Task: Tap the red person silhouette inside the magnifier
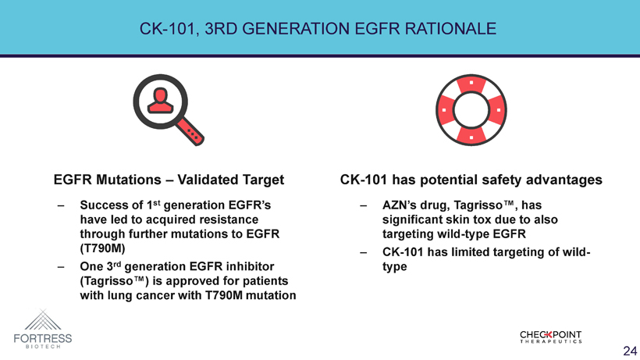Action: (x=161, y=101)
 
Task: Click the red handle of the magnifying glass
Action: (x=190, y=131)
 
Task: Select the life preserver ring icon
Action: (x=471, y=110)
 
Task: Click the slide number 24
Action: (x=630, y=351)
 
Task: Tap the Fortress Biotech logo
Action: (x=43, y=329)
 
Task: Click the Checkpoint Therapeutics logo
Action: (x=550, y=337)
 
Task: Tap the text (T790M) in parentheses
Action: (x=102, y=248)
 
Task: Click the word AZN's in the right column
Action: (x=396, y=205)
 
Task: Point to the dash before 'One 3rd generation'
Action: (x=61, y=267)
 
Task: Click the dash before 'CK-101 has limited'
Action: (x=363, y=253)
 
